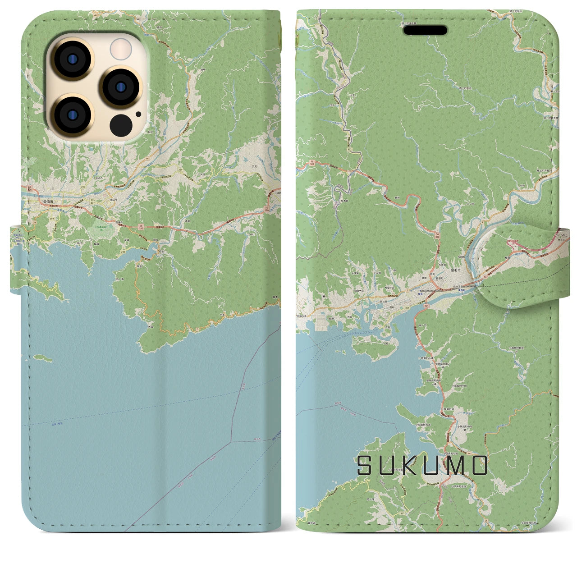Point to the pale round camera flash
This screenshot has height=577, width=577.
coord(121,48)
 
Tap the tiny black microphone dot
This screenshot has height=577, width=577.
coord(138,114)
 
